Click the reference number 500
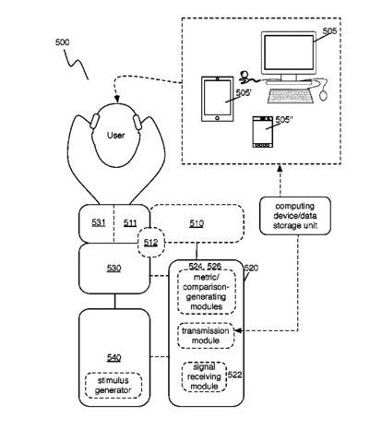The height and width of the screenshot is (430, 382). click(x=62, y=42)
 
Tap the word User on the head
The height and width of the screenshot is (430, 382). click(x=115, y=135)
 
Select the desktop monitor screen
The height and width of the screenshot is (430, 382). click(x=289, y=53)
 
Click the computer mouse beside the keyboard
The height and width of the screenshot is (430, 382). click(x=323, y=95)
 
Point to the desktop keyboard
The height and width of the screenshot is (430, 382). click(x=291, y=95)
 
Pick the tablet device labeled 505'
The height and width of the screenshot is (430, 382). click(x=217, y=99)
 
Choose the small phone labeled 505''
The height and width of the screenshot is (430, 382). click(x=262, y=132)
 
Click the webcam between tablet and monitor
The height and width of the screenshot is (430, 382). click(x=245, y=77)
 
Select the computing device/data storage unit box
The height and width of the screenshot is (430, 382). click(x=295, y=216)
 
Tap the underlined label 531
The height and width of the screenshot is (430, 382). click(x=99, y=222)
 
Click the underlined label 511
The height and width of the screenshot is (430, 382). click(x=130, y=222)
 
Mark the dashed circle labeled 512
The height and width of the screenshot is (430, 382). click(x=150, y=243)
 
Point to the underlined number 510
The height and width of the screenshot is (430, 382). click(x=197, y=223)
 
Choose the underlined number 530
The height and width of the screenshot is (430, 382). click(x=113, y=269)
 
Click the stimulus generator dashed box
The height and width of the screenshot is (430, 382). click(x=113, y=386)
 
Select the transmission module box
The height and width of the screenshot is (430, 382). click(x=206, y=336)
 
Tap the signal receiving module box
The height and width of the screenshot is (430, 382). click(x=204, y=376)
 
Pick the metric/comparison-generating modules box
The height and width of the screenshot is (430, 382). click(x=207, y=292)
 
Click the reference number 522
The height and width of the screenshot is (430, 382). click(x=234, y=375)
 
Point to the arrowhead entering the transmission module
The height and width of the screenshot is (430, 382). click(x=238, y=330)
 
